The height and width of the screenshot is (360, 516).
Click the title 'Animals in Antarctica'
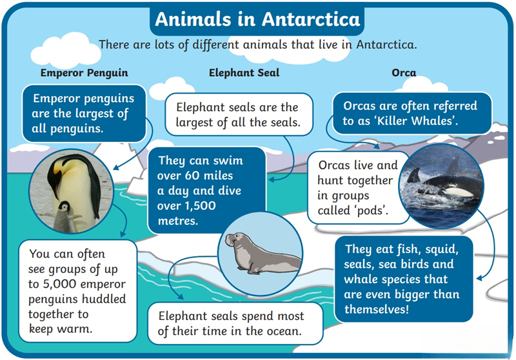point(257,19)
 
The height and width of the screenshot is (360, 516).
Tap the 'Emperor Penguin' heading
point(84,73)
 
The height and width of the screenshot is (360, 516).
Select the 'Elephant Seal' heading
point(244,73)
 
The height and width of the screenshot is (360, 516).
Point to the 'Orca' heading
point(404,73)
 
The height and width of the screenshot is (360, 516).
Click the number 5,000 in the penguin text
point(59,284)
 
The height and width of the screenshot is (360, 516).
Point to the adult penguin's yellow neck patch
point(58,167)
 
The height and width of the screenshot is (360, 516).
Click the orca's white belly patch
point(459,192)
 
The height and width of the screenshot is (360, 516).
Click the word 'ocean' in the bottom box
point(284,331)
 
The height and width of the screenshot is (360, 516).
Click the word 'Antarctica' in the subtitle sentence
point(386,45)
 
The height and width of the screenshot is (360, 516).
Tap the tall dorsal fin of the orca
point(453,166)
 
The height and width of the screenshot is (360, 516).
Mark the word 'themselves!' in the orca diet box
point(377,309)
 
